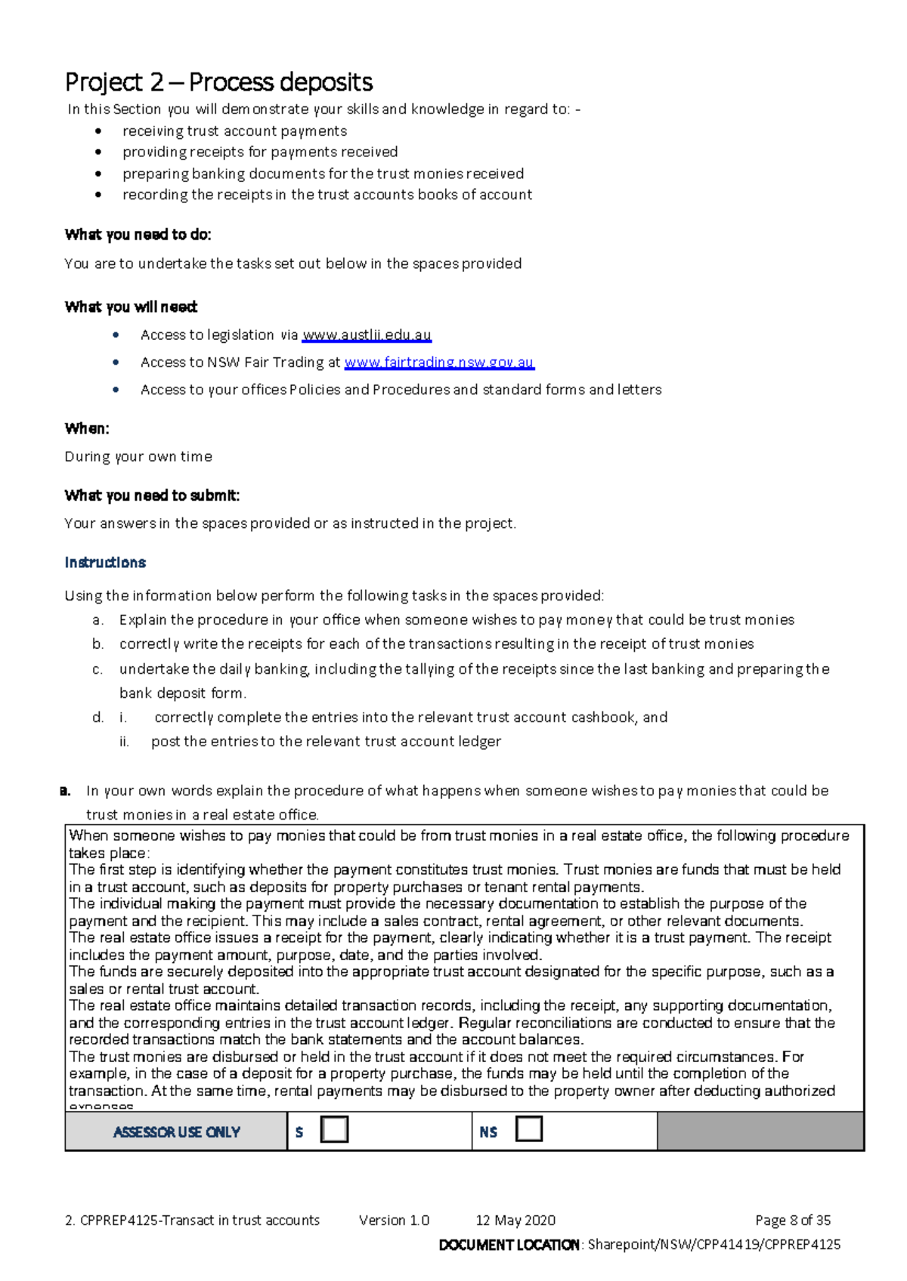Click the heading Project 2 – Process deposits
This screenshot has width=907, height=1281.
click(218, 82)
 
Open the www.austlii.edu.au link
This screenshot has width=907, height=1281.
click(367, 335)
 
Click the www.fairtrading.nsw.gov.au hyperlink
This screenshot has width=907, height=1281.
click(439, 363)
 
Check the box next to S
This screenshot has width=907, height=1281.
click(334, 1130)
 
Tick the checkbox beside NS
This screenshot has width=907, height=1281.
click(529, 1130)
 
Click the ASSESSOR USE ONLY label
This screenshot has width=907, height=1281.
click(177, 1132)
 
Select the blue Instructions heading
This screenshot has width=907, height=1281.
click(105, 563)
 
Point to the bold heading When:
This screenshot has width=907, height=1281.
click(87, 429)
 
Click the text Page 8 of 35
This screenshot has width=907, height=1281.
click(793, 1221)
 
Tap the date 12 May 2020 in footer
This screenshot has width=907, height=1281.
click(515, 1221)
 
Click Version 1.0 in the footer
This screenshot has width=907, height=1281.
click(394, 1221)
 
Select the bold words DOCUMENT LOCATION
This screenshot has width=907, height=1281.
click(509, 1245)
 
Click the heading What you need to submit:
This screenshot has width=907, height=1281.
click(152, 495)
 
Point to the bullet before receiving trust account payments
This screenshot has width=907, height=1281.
click(98, 131)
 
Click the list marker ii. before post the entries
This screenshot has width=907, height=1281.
click(125, 742)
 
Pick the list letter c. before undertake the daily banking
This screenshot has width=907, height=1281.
click(98, 669)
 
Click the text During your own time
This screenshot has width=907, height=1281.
click(138, 457)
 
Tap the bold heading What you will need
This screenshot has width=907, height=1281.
click(131, 307)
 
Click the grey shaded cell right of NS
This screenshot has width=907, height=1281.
click(760, 1131)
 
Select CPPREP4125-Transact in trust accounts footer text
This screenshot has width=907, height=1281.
click(200, 1221)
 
